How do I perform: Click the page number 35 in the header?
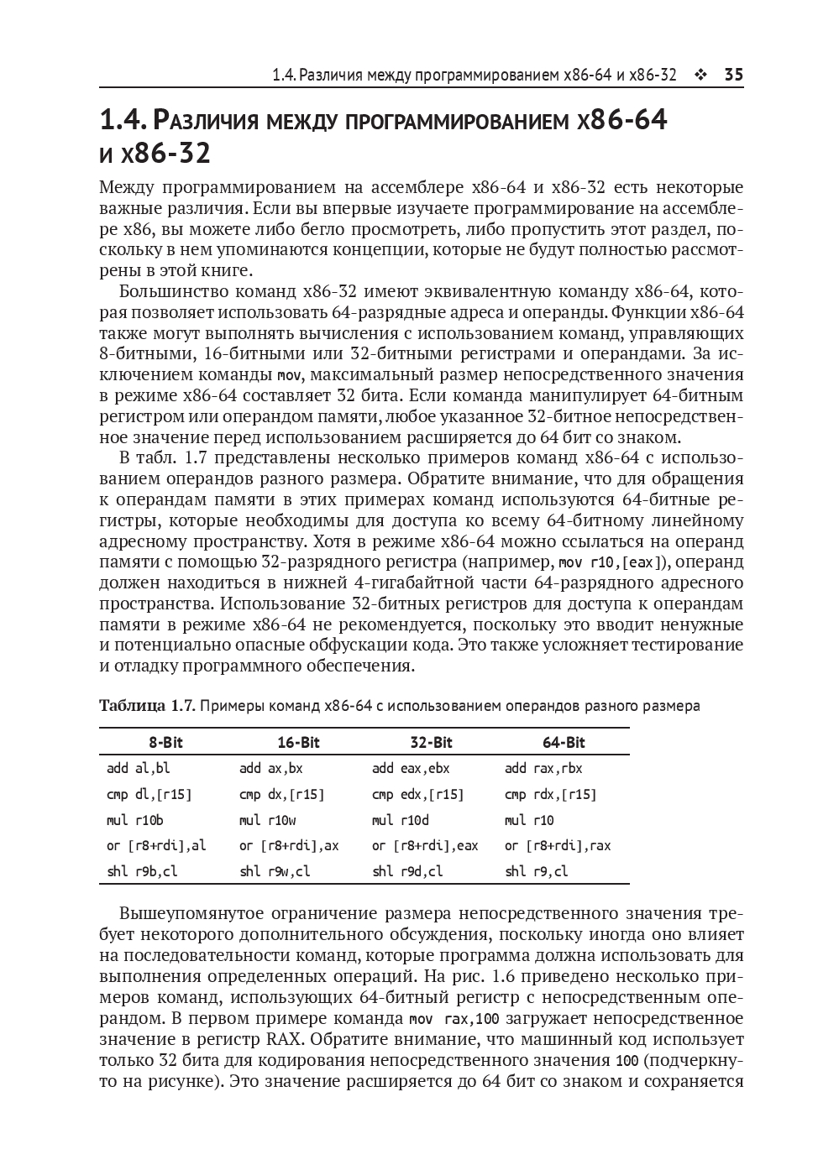coord(733,75)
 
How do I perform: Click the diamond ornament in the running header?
coord(700,76)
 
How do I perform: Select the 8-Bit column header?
coord(165,742)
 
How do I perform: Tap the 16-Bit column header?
coord(298,742)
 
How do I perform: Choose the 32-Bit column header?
coord(431,742)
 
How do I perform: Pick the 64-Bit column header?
coord(564,742)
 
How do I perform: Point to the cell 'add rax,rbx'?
coord(543,768)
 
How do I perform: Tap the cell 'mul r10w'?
coord(267,820)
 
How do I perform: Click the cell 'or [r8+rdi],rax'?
coord(558,845)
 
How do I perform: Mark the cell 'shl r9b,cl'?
coord(142,871)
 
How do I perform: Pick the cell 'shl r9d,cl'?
coord(407,871)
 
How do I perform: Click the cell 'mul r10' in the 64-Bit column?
coord(529,820)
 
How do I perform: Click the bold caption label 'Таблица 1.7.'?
coord(147,705)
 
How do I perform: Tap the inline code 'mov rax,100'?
coord(453,1019)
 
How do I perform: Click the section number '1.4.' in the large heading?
coord(123,121)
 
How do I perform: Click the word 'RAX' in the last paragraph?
coord(283,1040)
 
